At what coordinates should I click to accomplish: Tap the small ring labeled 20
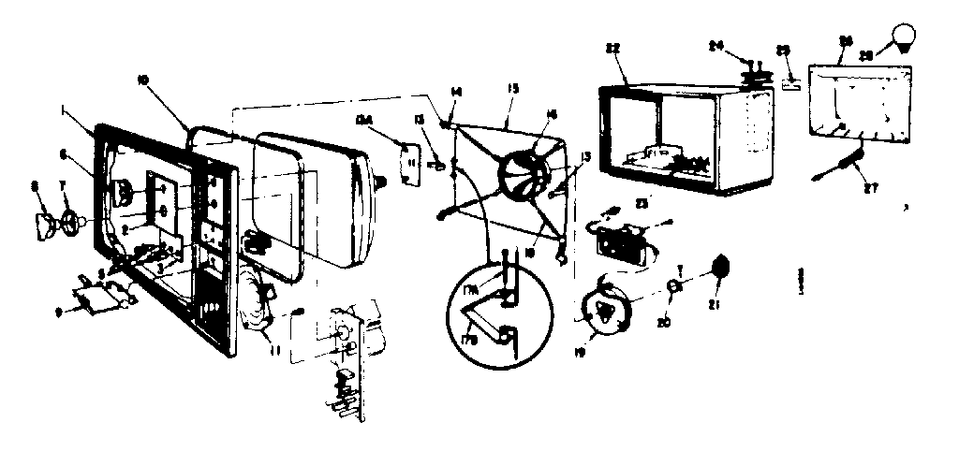673,285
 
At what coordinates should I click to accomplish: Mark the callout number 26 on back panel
845,42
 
